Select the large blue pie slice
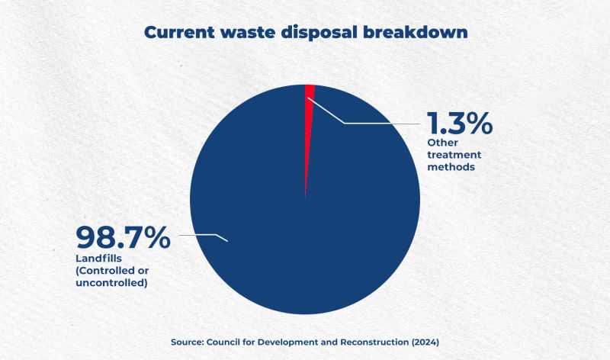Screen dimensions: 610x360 pyautogui.click(x=272, y=218)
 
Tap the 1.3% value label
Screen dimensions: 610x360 pyautogui.click(x=460, y=124)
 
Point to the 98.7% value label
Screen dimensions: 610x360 pyautogui.click(x=123, y=237)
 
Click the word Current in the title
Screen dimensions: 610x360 pyautogui.click(x=179, y=32)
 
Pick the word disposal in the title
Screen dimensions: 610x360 pyautogui.click(x=319, y=33)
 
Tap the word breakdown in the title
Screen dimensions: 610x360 pyautogui.click(x=415, y=32)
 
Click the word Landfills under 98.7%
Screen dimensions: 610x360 pyautogui.click(x=98, y=259)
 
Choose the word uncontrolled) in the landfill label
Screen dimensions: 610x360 pyautogui.click(x=111, y=283)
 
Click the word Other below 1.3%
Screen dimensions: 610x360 pyautogui.click(x=442, y=143)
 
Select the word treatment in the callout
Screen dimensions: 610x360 pyautogui.click(x=454, y=155)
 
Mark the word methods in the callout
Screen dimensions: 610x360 pyautogui.click(x=451, y=167)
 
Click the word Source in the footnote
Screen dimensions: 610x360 pyautogui.click(x=187, y=342)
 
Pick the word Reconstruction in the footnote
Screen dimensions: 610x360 pyautogui.click(x=374, y=342)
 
